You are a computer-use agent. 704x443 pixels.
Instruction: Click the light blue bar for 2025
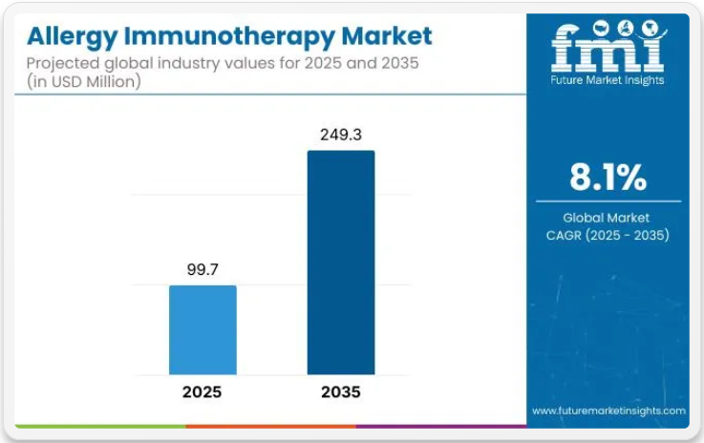203,329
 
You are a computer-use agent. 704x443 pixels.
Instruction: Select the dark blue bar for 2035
340,263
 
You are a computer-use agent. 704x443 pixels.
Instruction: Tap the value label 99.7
203,270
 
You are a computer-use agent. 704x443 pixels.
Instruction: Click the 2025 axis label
203,391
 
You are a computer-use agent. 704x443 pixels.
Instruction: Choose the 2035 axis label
341,391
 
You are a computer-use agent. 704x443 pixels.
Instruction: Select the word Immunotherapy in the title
230,37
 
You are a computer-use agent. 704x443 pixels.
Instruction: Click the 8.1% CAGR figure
608,178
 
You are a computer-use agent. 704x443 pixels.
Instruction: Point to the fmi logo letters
608,48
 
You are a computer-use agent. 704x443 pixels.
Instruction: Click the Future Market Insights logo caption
608,80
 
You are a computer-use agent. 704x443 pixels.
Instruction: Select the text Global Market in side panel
608,217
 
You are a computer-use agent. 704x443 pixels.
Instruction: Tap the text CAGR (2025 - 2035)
608,235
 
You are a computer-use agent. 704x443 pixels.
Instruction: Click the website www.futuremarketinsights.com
608,411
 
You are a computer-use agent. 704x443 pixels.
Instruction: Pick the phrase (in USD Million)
85,82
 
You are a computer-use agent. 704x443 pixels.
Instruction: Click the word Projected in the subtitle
63,65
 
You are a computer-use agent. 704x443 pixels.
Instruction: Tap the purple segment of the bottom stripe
439,426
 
